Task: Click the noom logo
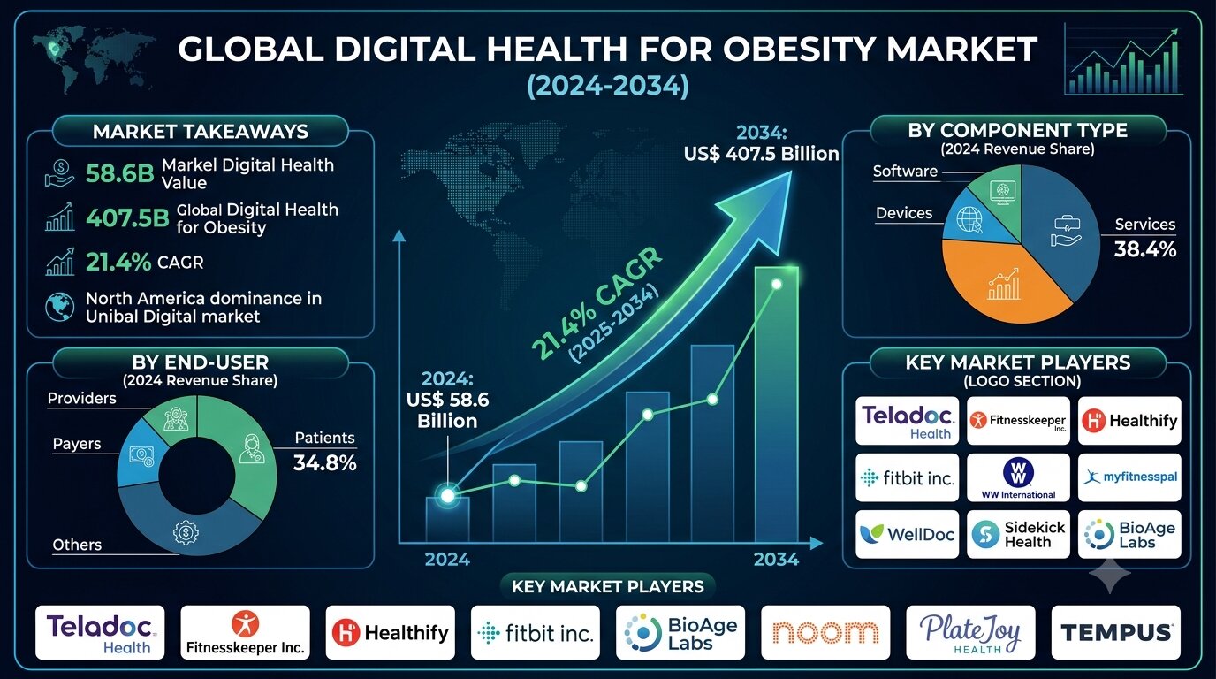[x=825, y=633]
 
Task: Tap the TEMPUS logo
[x=1116, y=633]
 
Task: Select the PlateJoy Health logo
[x=970, y=633]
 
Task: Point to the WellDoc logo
[x=907, y=535]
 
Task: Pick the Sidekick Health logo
[x=1018, y=535]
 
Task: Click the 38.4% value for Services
[x=1145, y=249]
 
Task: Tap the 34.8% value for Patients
[x=324, y=462]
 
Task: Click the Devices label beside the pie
[x=904, y=213]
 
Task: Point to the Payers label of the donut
[x=77, y=445]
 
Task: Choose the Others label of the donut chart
[x=77, y=545]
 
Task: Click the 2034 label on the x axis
[x=776, y=560]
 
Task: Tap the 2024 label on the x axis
[x=447, y=560]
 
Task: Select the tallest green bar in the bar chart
[x=776, y=404]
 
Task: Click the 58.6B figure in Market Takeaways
[x=120, y=174]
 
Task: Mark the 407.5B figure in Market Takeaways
[x=127, y=218]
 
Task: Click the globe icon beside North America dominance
[x=60, y=307]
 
